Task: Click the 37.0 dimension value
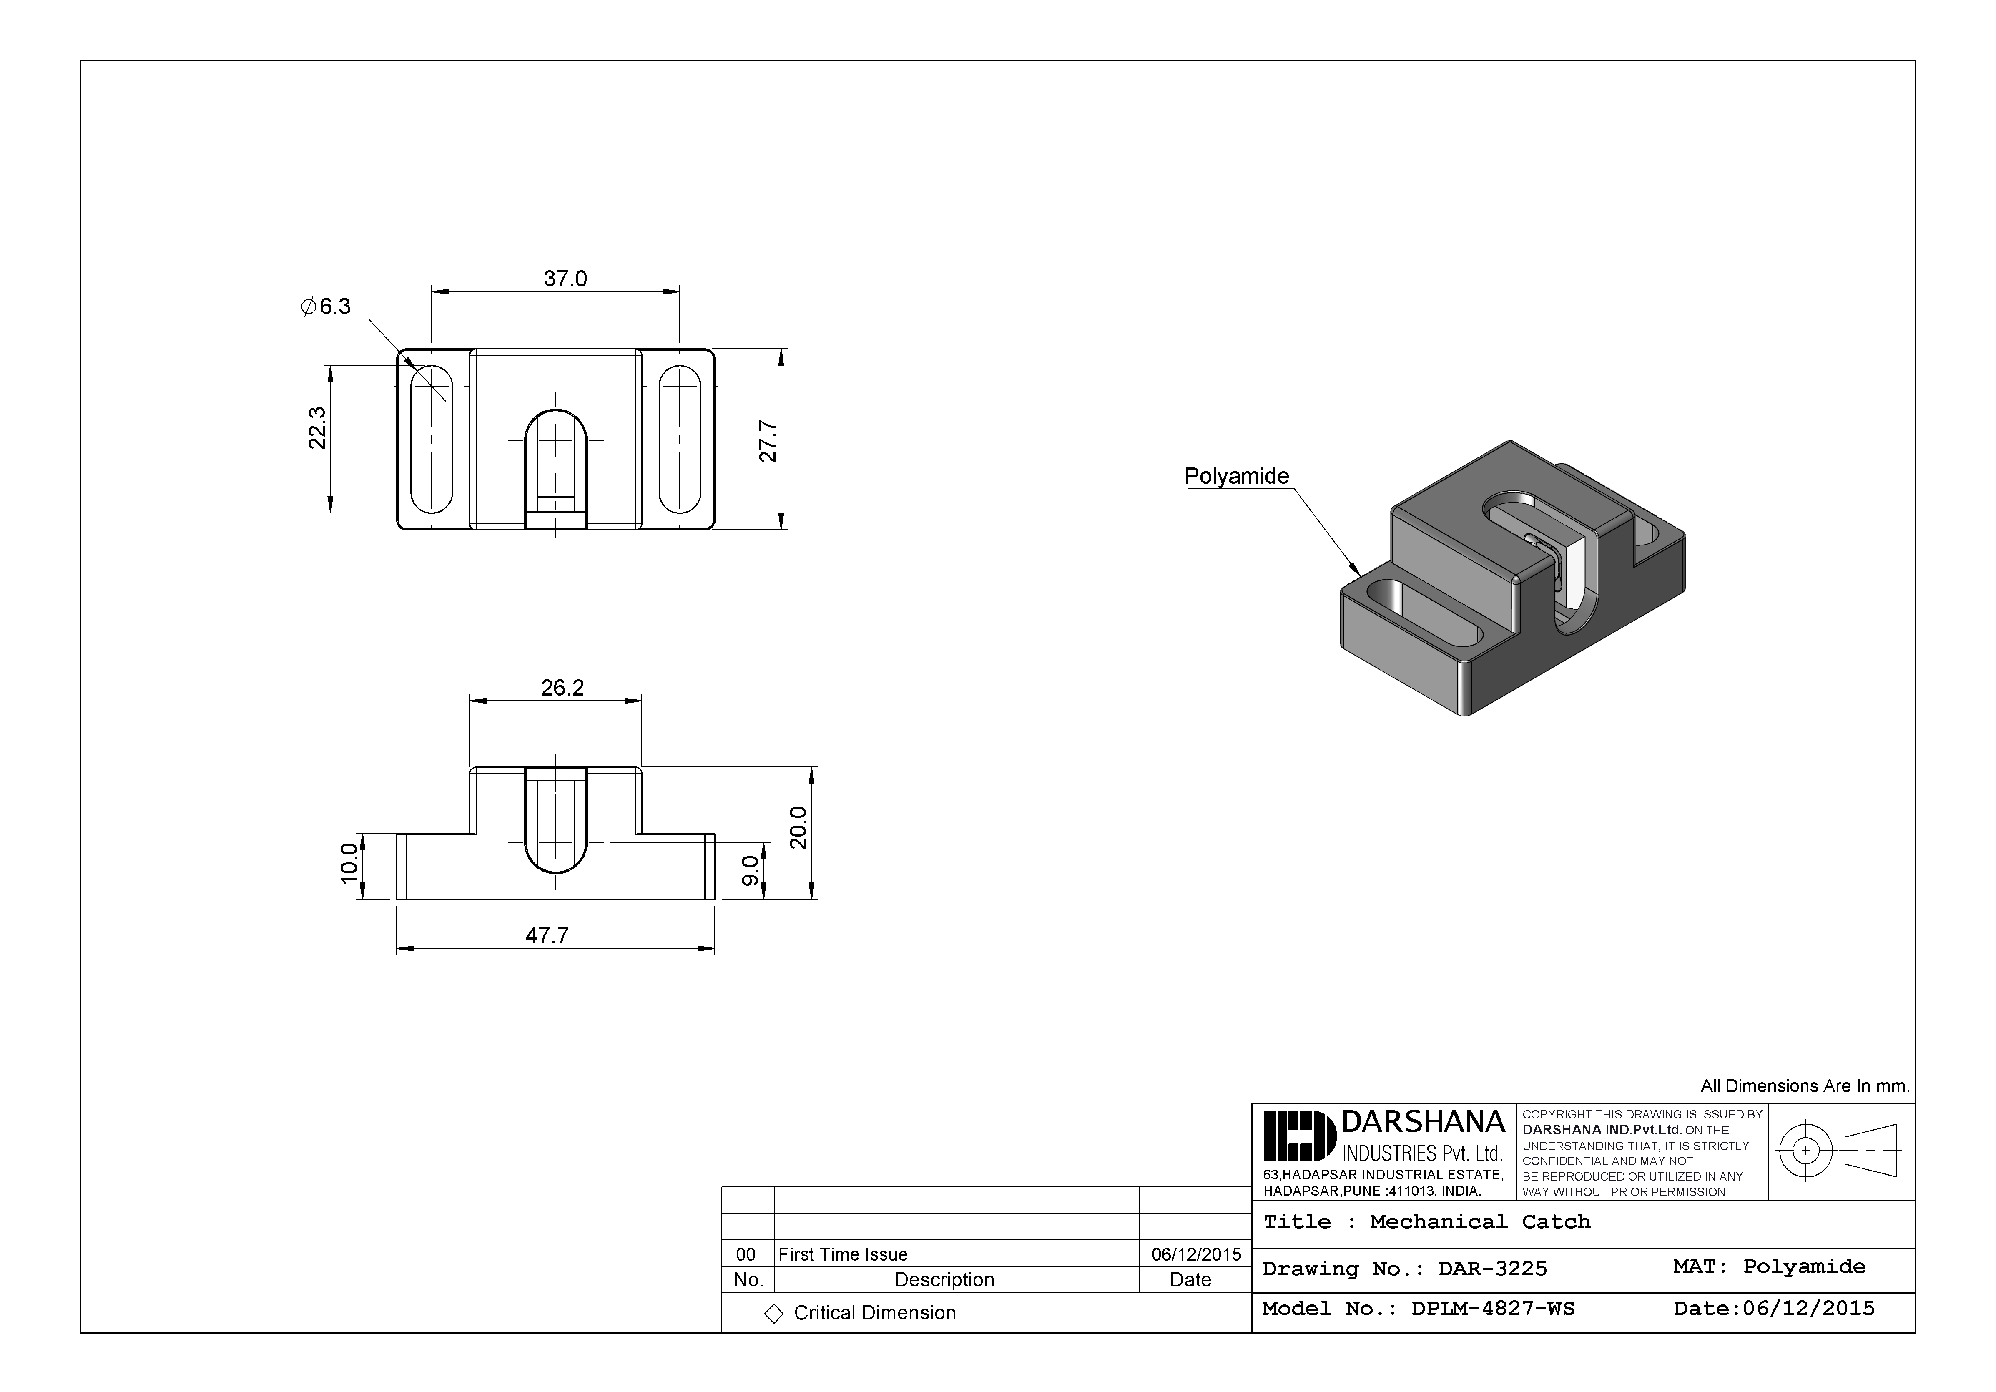(565, 279)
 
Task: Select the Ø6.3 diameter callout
(326, 306)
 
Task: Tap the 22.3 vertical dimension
(317, 428)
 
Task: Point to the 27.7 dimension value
(768, 441)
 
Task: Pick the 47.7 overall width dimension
(547, 935)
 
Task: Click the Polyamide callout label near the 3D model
(1236, 477)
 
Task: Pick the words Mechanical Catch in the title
(1480, 1221)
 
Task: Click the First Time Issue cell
(842, 1254)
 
